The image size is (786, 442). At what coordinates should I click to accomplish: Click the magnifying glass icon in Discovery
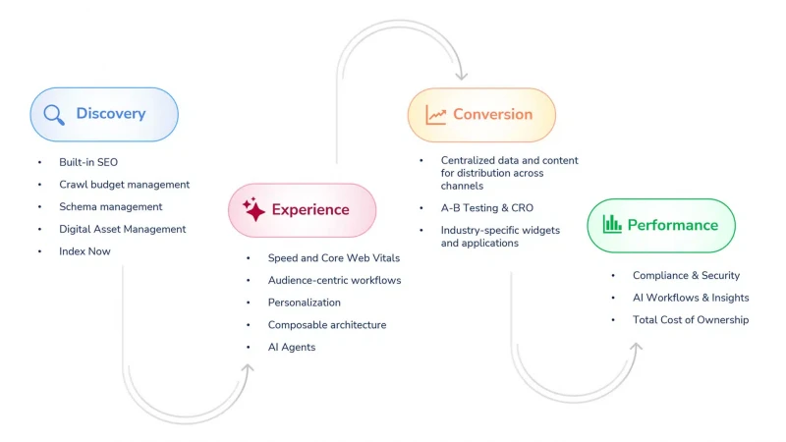tap(54, 115)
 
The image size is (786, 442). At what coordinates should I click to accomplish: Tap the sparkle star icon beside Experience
tap(253, 209)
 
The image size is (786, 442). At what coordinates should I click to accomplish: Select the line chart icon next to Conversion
tap(435, 115)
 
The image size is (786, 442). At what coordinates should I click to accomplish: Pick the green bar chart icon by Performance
tap(612, 224)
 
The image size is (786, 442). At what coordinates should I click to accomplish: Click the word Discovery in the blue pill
tap(111, 113)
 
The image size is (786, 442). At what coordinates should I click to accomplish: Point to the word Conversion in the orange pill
tap(493, 114)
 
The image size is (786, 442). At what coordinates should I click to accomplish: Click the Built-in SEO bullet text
tap(88, 162)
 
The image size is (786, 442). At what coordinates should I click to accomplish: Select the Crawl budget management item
tap(125, 185)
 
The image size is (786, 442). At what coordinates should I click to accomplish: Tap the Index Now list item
tap(84, 251)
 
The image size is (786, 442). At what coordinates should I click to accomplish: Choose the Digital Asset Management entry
tap(122, 229)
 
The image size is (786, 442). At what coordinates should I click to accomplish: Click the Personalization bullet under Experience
tap(305, 303)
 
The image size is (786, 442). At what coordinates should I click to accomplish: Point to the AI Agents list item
tap(292, 348)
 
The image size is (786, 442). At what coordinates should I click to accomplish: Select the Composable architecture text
tap(327, 325)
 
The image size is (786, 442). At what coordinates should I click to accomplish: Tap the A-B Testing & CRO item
tap(486, 208)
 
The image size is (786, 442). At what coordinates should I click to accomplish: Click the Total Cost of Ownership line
tap(691, 320)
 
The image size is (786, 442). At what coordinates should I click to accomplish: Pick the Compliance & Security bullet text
tap(686, 275)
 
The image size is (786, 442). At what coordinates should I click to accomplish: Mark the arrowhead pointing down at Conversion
tap(461, 77)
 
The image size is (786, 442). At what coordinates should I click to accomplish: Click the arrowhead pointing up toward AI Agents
tap(248, 367)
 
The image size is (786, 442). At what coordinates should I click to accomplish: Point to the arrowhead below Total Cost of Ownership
tap(636, 347)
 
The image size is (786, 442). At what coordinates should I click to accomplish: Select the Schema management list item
tap(110, 207)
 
